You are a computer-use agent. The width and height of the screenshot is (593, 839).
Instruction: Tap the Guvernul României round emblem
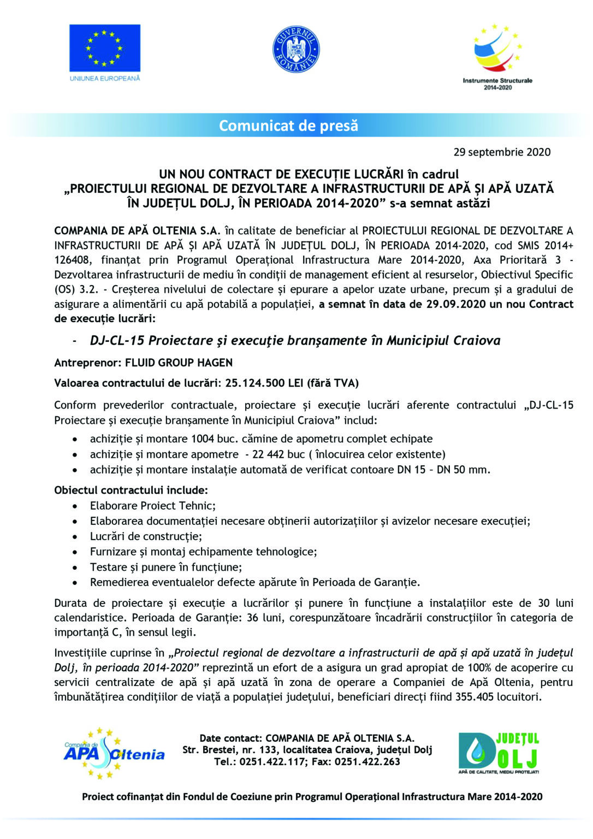point(295,50)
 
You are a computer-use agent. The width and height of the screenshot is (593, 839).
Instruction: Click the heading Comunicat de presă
point(288,126)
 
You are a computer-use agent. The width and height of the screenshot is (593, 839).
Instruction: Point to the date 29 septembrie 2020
point(502,152)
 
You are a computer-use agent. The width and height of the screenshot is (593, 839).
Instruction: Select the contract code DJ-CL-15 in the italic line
point(117,340)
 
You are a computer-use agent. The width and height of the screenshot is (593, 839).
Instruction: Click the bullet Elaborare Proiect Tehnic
point(153,505)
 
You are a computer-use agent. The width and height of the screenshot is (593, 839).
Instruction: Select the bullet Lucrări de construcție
point(146,536)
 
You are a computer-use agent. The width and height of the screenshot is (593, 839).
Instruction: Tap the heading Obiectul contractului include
point(131,490)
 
